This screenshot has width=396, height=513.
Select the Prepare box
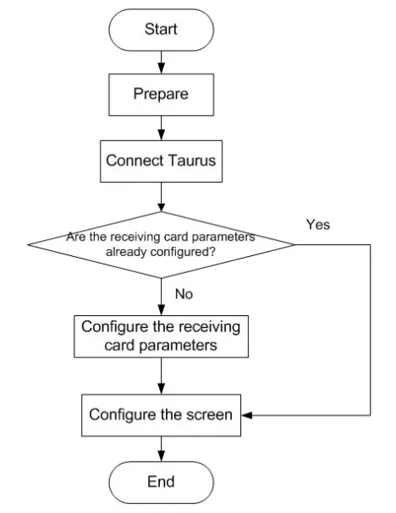click(160, 94)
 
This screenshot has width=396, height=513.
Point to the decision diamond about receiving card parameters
click(160, 245)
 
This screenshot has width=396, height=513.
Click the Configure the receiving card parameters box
click(160, 336)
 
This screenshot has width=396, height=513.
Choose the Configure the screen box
click(160, 415)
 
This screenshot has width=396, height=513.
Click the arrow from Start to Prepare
click(160, 63)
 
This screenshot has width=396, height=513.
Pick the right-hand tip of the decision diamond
click(294, 245)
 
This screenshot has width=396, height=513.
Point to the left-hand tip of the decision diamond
click(27, 245)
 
